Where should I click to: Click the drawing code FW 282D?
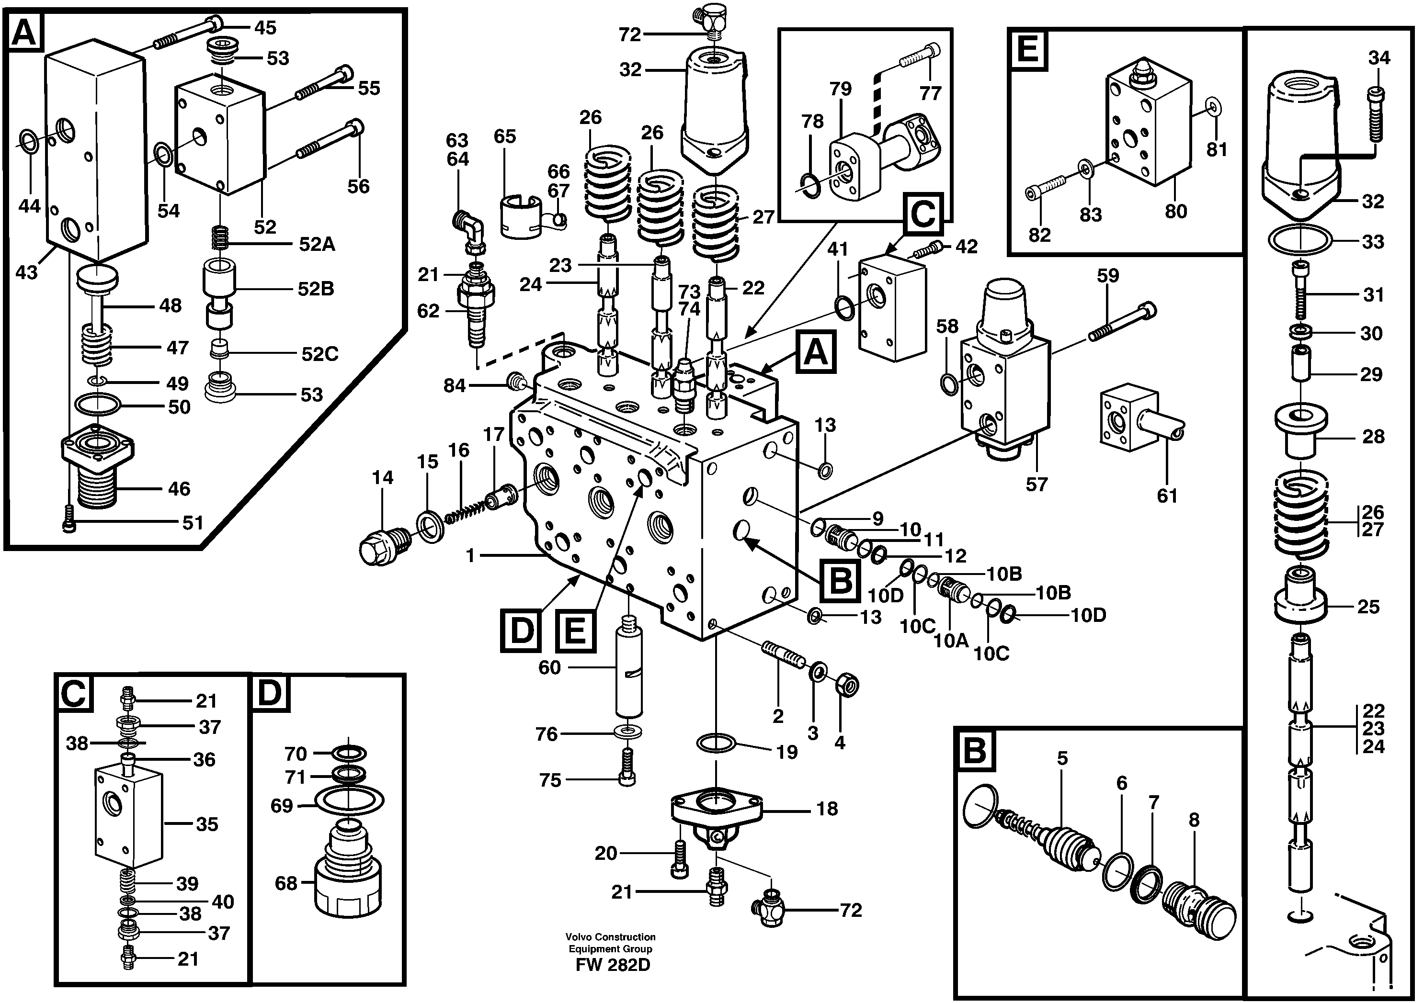612,965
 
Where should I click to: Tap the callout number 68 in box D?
286,883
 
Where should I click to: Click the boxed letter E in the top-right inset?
1028,49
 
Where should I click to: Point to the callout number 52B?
316,289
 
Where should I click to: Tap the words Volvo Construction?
610,936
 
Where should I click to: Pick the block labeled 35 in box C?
128,817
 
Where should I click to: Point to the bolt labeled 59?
1123,322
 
